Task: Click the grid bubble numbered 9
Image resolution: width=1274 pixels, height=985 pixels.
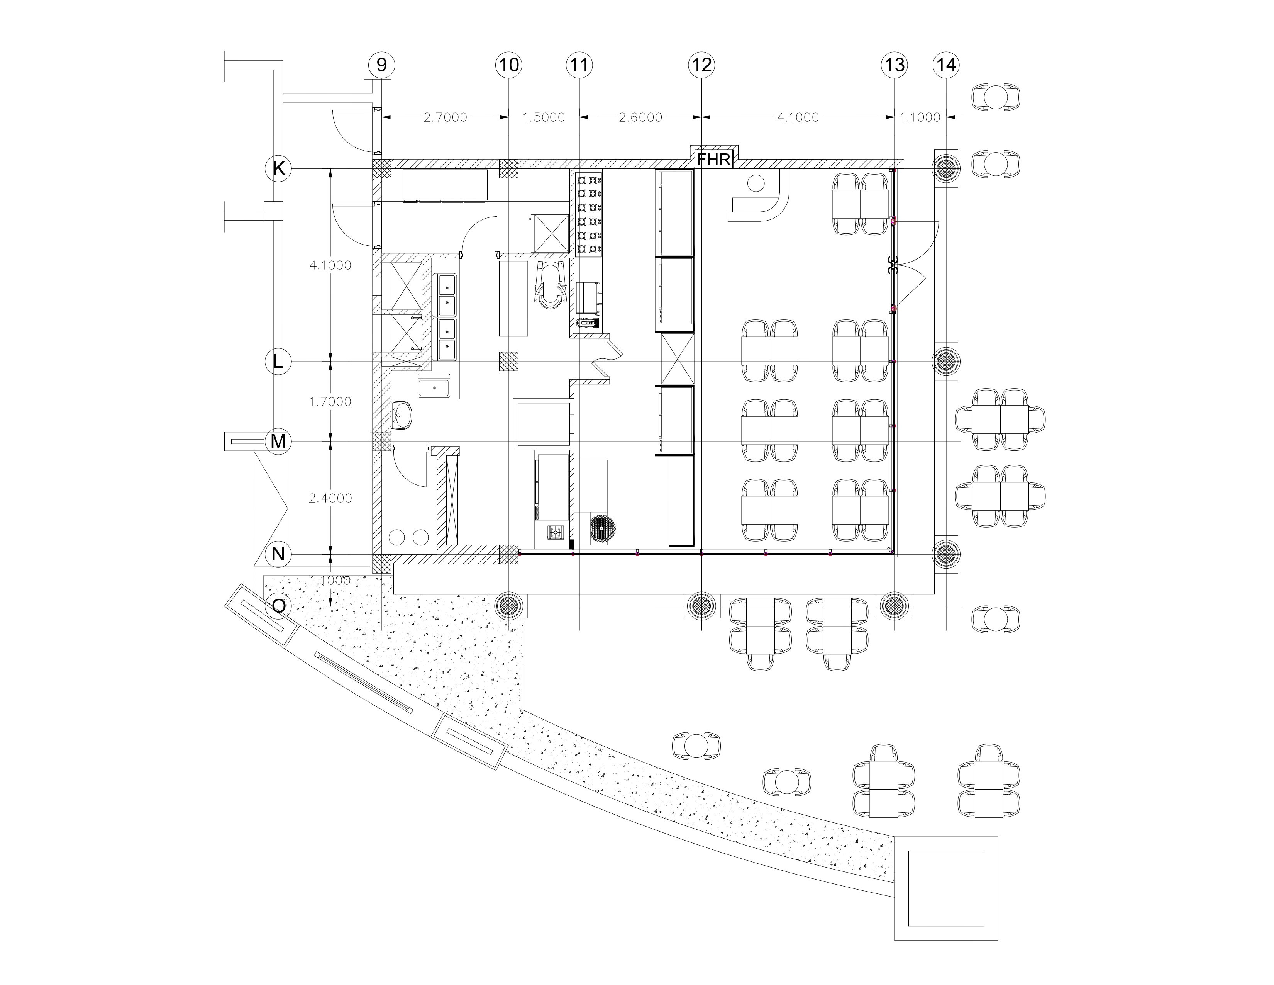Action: [x=381, y=65]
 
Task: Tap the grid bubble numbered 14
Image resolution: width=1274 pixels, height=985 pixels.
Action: [x=945, y=65]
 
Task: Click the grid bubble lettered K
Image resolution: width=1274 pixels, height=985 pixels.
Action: [x=279, y=169]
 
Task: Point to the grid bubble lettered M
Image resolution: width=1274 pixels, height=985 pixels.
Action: [x=278, y=442]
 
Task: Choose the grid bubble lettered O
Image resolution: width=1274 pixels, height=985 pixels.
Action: [x=279, y=607]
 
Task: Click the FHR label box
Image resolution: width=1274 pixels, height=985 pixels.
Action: [x=714, y=159]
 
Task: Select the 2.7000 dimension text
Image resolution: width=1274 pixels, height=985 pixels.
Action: [x=445, y=117]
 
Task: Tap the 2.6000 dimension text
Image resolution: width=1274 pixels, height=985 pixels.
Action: [x=640, y=117]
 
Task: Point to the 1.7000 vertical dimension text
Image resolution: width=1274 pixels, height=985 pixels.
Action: [x=330, y=401]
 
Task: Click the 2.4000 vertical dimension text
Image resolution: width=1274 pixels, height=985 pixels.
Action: [x=330, y=498]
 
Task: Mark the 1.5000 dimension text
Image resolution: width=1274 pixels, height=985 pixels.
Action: [x=543, y=117]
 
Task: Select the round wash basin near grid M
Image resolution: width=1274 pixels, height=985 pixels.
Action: [x=402, y=415]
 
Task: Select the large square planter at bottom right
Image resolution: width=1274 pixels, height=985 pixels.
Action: [x=945, y=896]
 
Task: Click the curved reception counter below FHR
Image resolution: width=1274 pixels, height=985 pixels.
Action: [x=758, y=201]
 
